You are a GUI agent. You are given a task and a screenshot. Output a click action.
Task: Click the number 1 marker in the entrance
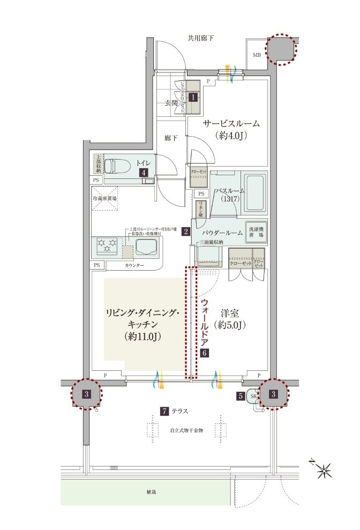[193, 98]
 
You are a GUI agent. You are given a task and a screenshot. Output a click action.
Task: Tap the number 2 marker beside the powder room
[185, 232]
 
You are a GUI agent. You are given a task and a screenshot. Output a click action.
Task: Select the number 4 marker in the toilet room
[144, 173]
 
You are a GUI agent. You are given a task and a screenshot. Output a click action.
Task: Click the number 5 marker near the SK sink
[242, 396]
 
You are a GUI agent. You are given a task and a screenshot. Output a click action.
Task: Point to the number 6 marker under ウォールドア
[204, 353]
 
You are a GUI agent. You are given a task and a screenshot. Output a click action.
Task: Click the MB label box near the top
[256, 54]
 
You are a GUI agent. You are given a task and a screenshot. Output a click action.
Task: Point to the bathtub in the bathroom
[254, 193]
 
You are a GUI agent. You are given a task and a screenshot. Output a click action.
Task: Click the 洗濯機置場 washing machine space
[256, 231]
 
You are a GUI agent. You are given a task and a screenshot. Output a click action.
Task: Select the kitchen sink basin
[146, 247]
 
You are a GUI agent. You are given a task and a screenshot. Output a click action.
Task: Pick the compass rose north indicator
[324, 472]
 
